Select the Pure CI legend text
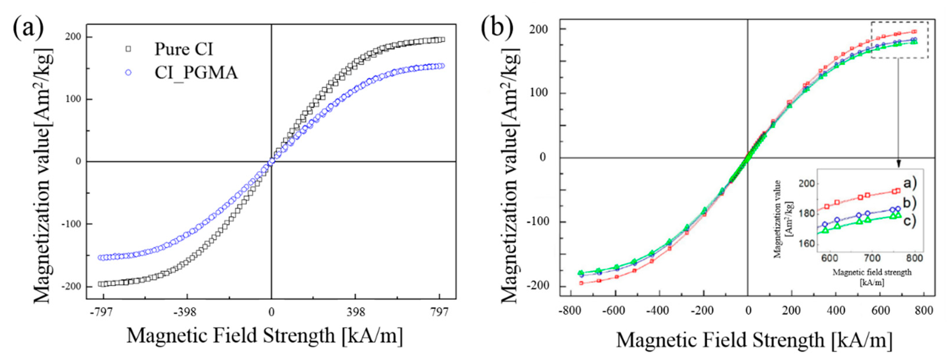(184, 49)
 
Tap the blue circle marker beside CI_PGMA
(128, 73)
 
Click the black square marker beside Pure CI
(128, 49)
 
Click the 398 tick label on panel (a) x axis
(355, 312)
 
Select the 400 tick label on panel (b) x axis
(836, 311)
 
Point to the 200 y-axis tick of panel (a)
(73, 37)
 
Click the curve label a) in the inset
(910, 183)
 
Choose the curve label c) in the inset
(910, 222)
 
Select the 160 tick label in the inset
(807, 244)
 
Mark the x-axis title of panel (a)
(265, 336)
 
